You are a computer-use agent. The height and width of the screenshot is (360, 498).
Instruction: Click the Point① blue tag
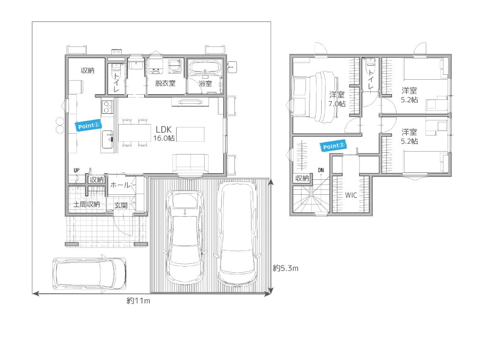tap(88, 126)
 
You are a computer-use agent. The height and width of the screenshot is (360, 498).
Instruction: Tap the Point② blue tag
tap(333, 146)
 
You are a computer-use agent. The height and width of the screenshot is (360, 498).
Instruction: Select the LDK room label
tap(164, 130)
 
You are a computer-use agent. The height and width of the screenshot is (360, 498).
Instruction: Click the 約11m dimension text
tap(138, 301)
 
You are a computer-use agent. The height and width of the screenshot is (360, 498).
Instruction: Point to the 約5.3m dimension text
tap(286, 268)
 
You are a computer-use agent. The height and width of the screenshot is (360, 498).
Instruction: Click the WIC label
tap(351, 195)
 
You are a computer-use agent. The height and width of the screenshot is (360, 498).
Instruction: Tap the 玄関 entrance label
tap(121, 206)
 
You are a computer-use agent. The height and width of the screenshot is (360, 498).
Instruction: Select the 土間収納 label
tap(87, 204)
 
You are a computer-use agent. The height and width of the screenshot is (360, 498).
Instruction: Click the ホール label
tap(120, 185)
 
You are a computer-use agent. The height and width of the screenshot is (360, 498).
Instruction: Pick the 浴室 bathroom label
tap(205, 83)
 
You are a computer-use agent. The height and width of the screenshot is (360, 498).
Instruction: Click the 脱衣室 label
tap(165, 83)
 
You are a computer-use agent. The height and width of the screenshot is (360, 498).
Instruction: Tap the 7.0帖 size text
tap(337, 104)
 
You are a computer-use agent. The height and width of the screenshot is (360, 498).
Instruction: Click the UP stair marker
tap(76, 170)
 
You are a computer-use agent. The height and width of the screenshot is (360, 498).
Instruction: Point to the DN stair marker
tap(321, 170)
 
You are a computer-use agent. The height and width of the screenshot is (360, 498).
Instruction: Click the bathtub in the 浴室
tap(205, 67)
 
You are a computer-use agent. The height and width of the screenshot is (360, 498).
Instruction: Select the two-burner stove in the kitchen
tap(107, 107)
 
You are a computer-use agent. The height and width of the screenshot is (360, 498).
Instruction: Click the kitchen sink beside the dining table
tap(107, 140)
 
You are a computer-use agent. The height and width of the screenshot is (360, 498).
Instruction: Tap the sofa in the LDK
tap(190, 164)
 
